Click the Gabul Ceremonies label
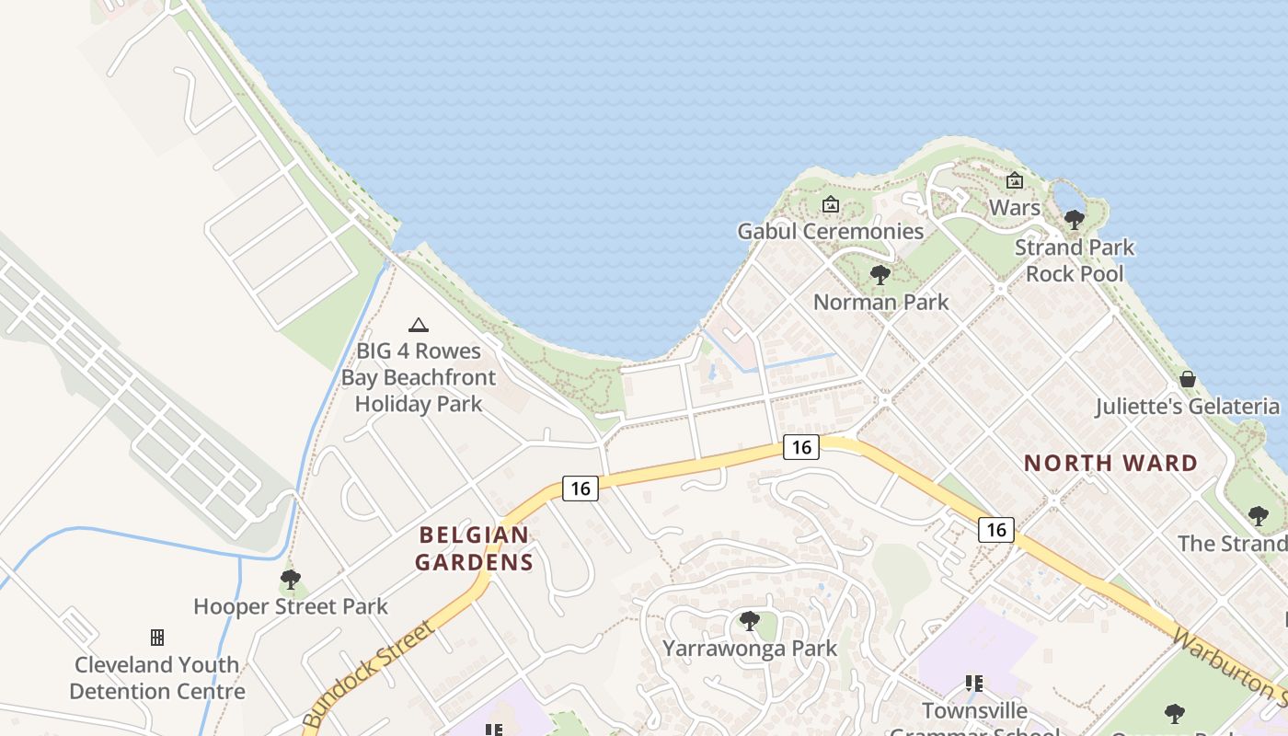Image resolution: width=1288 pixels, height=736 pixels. [x=830, y=231]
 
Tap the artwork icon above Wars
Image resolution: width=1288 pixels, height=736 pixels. [x=1015, y=180]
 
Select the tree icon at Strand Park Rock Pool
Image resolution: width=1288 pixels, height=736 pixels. [x=1074, y=220]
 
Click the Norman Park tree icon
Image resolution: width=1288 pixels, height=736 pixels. [x=880, y=274]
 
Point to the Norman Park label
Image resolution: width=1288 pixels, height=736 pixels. [x=880, y=302]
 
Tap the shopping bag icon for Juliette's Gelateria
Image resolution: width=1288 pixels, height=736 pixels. [x=1188, y=379]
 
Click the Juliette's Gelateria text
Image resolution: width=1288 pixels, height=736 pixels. [x=1187, y=407]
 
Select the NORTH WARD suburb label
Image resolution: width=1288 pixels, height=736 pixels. [x=1110, y=463]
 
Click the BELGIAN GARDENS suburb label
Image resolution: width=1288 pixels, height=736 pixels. [x=474, y=548]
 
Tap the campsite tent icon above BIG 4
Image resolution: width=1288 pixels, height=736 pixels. [x=419, y=325]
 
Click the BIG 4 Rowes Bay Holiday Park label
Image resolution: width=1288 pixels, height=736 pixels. [x=419, y=377]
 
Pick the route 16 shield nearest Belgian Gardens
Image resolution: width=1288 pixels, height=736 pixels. [x=580, y=489]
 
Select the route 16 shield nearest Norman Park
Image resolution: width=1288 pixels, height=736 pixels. [x=801, y=447]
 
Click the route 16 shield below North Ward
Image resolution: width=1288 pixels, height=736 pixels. [x=996, y=529]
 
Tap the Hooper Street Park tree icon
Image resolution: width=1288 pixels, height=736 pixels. [x=290, y=580]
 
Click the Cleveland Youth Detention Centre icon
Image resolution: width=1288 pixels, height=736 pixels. [x=157, y=638]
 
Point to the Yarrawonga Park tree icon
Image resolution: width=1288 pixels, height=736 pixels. [x=750, y=621]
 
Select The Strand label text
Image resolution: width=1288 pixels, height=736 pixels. [x=1231, y=543]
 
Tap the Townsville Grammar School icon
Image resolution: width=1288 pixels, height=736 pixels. [x=974, y=684]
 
